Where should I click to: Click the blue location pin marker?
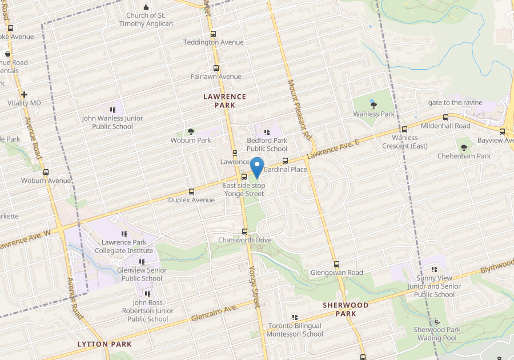point(257,167)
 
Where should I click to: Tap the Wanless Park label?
point(374,114)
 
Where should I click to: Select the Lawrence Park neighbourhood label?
point(224,101)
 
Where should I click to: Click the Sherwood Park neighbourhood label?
point(346,309)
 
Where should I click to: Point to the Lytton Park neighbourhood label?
point(105,344)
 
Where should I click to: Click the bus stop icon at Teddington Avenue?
point(213,34)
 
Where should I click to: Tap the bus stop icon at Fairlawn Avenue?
point(213,68)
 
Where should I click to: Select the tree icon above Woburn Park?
point(191,132)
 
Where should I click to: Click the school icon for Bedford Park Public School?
point(267,132)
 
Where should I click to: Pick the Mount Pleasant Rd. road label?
point(299,109)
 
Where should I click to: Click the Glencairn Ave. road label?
point(214,313)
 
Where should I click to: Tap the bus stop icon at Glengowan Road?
point(336,265)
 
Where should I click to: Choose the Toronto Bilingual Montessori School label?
point(295,330)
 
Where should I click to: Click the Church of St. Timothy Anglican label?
point(146,19)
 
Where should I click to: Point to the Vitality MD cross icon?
point(24,94)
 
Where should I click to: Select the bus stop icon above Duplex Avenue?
point(191,191)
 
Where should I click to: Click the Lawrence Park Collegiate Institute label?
point(124,246)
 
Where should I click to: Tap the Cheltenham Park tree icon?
point(464,148)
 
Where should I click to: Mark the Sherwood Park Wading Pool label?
point(437,334)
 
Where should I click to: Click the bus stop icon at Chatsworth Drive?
point(245,231)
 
